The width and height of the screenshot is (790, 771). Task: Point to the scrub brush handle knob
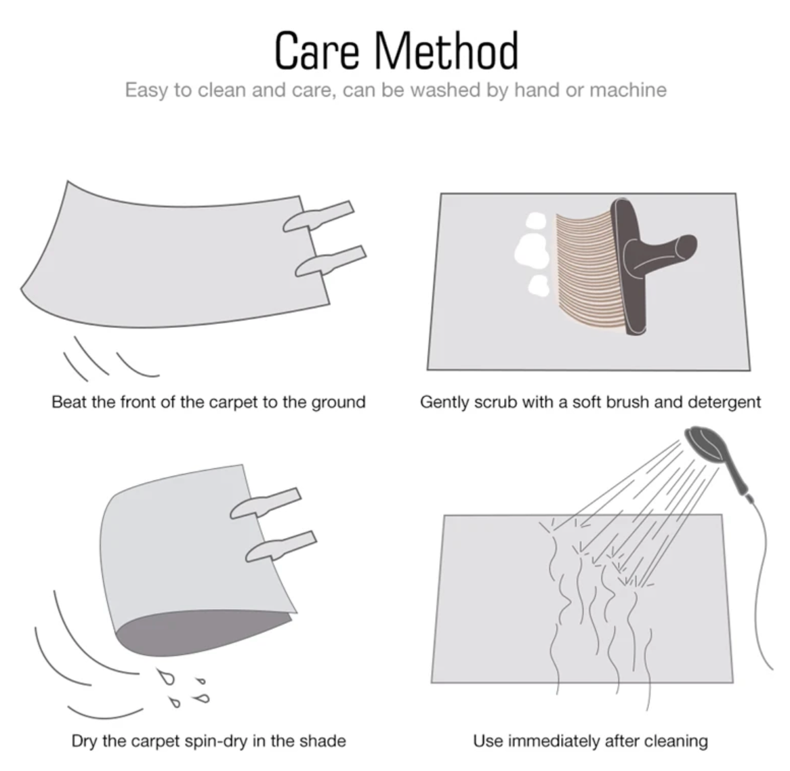tap(686, 247)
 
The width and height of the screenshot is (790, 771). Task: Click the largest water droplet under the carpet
tap(166, 678)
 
